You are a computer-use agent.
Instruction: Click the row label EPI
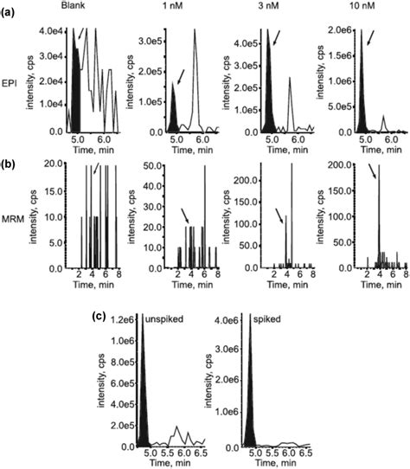coord(13,87)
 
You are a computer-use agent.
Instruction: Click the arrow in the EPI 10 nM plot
coord(369,38)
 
